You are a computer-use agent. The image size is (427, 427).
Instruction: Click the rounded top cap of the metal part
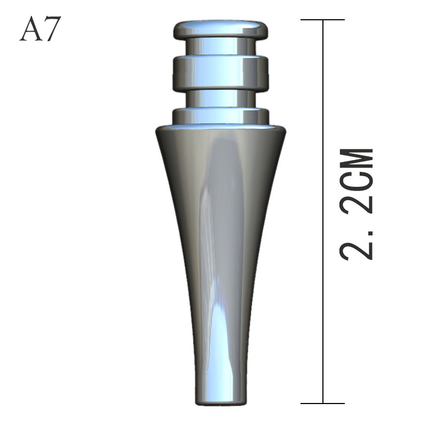[x=220, y=29]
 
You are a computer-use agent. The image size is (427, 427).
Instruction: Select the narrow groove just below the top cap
[x=220, y=46]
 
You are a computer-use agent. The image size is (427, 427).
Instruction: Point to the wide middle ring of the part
[x=220, y=73]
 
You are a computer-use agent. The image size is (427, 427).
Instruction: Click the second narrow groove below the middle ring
[x=220, y=99]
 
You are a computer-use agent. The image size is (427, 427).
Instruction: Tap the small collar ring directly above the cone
[x=220, y=116]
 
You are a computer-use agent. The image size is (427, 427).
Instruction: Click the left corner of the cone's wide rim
[x=156, y=131]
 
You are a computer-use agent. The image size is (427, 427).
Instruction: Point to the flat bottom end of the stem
[x=220, y=404]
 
